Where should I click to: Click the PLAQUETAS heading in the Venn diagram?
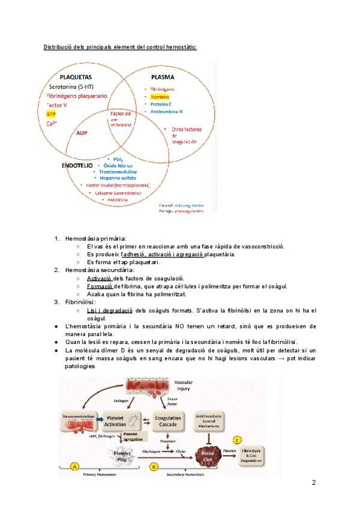click(76, 77)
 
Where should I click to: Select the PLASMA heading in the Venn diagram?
click(163, 77)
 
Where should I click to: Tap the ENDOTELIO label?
click(76, 164)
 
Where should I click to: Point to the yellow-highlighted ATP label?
click(52, 113)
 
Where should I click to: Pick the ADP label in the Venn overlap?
click(82, 133)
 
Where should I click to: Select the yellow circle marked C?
click(238, 439)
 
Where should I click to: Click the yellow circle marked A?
click(74, 466)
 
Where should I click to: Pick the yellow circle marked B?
click(154, 466)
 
